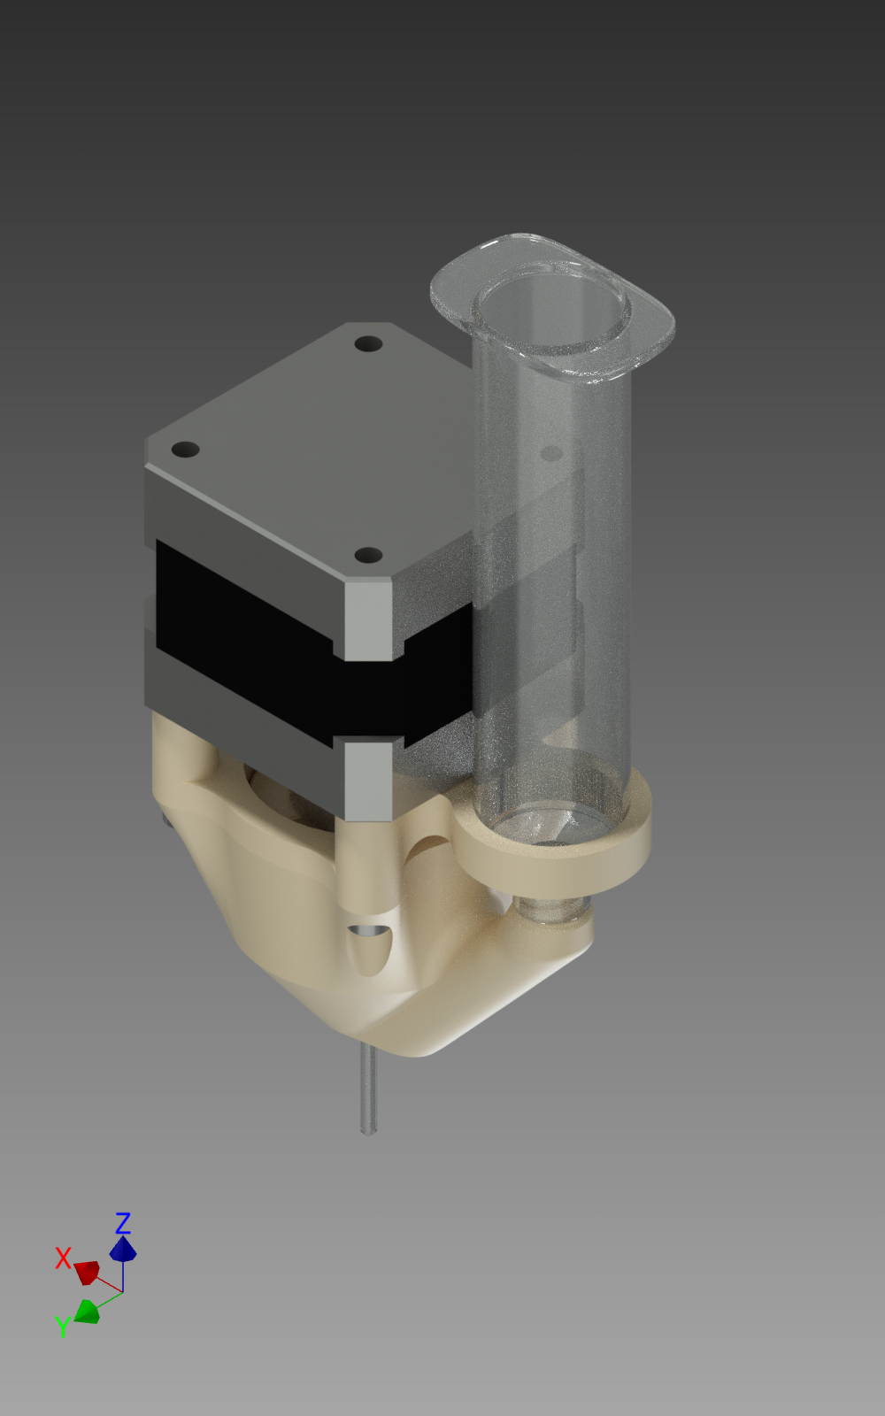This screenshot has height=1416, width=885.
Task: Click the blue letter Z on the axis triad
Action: [x=123, y=1222]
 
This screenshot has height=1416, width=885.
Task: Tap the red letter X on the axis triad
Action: [x=63, y=1258]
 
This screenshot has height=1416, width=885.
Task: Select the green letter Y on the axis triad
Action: [x=62, y=1326]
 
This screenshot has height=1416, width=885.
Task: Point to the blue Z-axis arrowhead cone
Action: [x=123, y=1249]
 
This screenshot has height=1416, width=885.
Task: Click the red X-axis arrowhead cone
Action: [x=88, y=1271]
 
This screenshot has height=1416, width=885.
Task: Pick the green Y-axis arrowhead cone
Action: [x=88, y=1311]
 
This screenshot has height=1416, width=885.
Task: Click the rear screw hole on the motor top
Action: [x=368, y=344]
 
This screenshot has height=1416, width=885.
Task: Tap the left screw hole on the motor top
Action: [x=185, y=450]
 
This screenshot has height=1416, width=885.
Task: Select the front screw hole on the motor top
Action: [x=368, y=556]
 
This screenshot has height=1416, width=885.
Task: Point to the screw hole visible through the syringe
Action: [x=552, y=452]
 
